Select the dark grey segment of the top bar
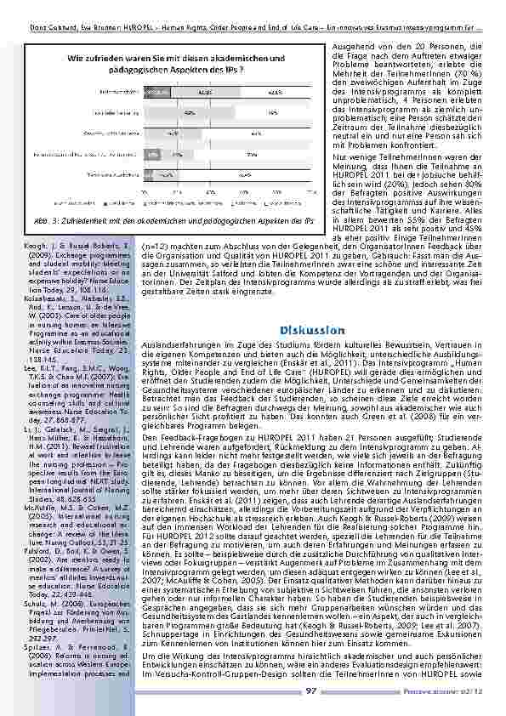pyautogui.click(x=156, y=89)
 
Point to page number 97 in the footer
pyautogui.click(x=311, y=691)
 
